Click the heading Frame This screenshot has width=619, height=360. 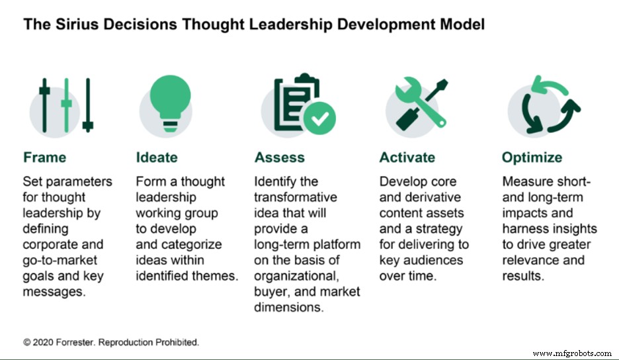click(x=45, y=157)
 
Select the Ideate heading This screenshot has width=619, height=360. click(x=157, y=157)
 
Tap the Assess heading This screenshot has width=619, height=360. click(x=280, y=157)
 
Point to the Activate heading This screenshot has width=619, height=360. click(x=407, y=157)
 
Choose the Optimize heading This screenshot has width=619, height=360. click(x=532, y=157)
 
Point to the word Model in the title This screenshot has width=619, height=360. click(x=462, y=25)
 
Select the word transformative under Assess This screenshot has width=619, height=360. click(x=296, y=198)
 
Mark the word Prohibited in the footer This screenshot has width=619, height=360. click(x=177, y=343)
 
